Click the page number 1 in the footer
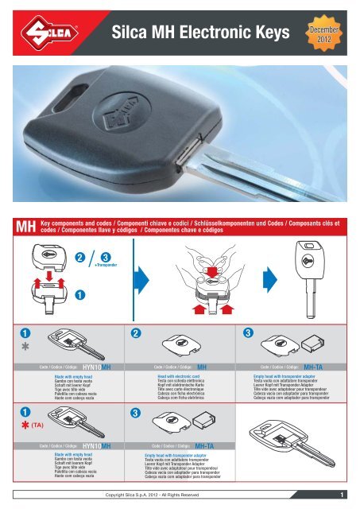339,495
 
